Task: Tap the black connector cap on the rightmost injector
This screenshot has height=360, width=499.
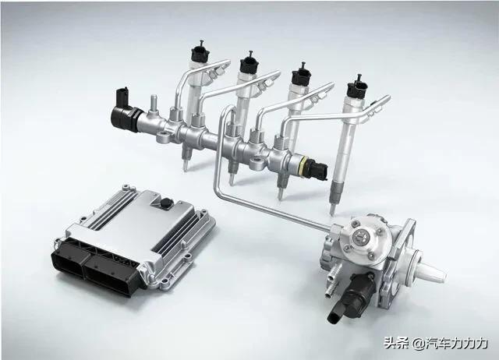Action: tap(357, 87)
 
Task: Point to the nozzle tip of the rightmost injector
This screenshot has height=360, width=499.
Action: tap(333, 210)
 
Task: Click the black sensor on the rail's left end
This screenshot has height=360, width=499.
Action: tap(124, 111)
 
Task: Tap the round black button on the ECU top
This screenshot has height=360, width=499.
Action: tap(166, 203)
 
